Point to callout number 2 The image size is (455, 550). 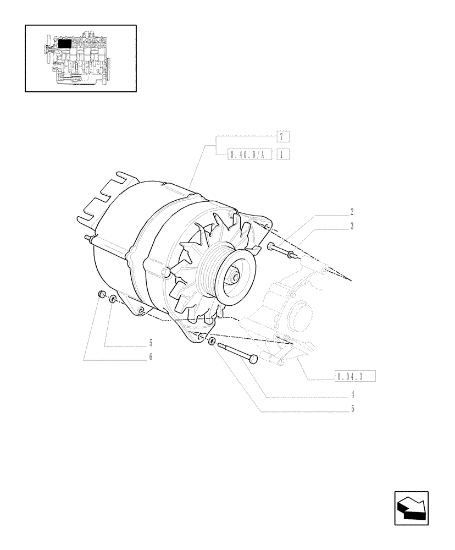click(x=352, y=211)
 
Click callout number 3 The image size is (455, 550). click(x=352, y=226)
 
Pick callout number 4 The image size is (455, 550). click(x=352, y=394)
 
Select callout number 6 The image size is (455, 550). click(x=150, y=356)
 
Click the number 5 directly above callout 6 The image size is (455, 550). click(x=150, y=343)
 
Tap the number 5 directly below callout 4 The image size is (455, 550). click(x=352, y=409)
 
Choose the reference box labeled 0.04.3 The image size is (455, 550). click(x=355, y=376)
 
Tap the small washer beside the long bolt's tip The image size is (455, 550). click(x=212, y=341)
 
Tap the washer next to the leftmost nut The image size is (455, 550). click(x=113, y=300)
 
